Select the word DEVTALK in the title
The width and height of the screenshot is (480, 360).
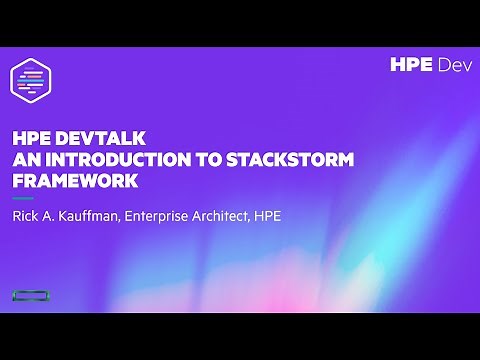92,140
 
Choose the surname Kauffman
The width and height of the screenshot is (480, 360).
95,215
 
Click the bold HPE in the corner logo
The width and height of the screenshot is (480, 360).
412,65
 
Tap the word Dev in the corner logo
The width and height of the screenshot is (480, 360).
451,65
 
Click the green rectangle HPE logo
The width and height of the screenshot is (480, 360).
31,295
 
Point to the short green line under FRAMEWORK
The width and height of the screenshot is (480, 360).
21,198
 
